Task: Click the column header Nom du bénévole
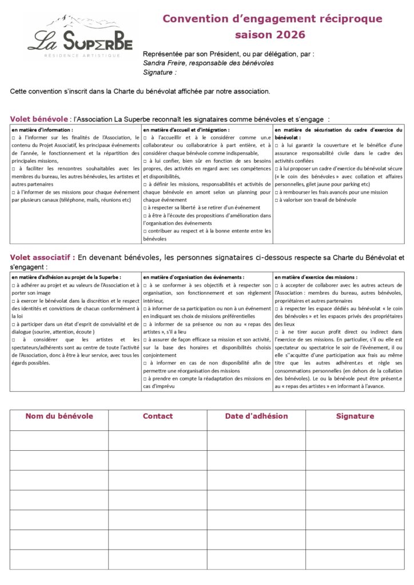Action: pos(59,416)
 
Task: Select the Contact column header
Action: pos(157,416)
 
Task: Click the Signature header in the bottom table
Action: pos(355,416)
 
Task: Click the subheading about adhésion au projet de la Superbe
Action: pos(66,277)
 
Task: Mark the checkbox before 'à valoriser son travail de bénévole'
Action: pos(277,200)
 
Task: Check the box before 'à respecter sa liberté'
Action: pos(145,207)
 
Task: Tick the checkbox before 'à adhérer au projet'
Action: pos(13,285)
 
